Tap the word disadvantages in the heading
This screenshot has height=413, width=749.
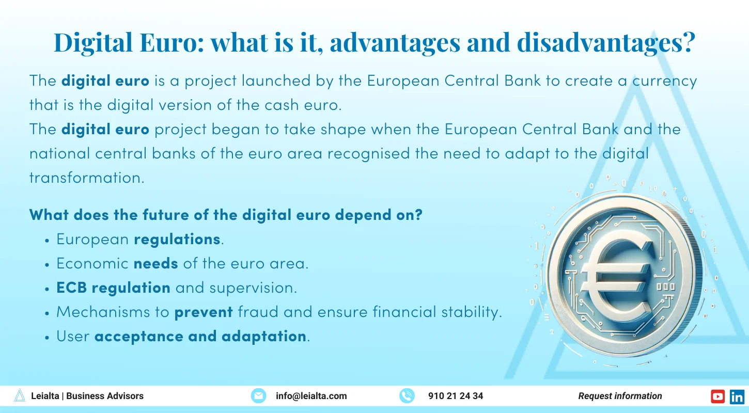point(606,43)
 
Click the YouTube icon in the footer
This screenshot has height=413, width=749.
point(717,396)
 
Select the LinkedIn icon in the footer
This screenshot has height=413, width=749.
point(737,396)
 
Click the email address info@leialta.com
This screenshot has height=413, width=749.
point(311,396)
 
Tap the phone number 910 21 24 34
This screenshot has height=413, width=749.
point(456,396)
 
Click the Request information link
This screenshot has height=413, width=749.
point(620,396)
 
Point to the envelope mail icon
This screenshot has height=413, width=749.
point(258,396)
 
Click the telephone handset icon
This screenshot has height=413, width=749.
point(407,396)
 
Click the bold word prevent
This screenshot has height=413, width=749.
point(204,312)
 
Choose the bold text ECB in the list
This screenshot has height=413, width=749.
point(72,288)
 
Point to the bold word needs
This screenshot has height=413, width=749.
point(156,264)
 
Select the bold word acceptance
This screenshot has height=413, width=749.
point(139,337)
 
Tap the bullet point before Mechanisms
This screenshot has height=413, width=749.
point(47,313)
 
